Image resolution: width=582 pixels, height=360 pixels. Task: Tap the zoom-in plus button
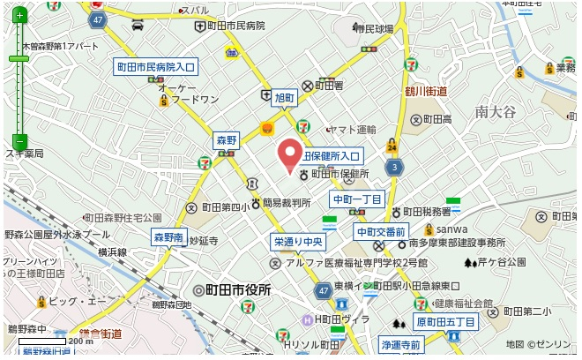20,14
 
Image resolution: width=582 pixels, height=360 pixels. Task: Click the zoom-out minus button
20,140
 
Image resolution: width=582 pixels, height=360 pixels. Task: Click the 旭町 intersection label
284,98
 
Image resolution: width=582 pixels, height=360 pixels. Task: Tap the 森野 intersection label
227,140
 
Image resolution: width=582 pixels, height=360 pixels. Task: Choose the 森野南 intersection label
168,237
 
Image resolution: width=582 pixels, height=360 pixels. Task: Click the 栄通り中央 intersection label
300,241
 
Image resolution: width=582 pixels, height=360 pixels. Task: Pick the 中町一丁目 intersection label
357,199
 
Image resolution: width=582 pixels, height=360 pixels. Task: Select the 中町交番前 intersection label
381,231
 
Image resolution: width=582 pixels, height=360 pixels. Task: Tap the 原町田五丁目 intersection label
446,323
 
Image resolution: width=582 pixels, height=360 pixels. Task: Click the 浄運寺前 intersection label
402,343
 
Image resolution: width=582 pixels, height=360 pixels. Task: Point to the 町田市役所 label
238,289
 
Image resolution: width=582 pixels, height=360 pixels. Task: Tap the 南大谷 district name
493,111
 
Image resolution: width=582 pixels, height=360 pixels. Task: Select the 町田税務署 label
428,212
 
